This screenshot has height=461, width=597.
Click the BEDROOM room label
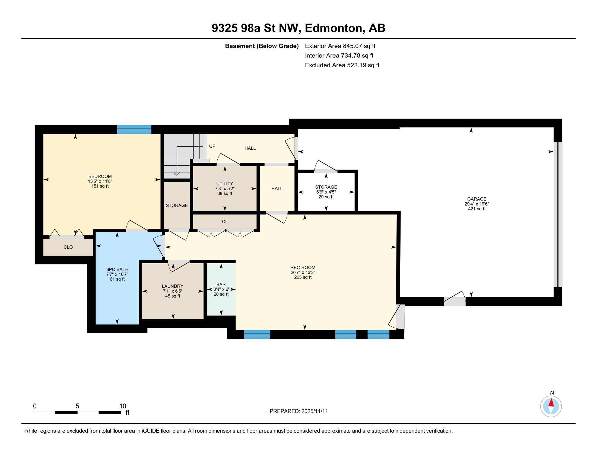(x=100, y=177)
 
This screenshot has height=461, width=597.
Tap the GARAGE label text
(x=477, y=199)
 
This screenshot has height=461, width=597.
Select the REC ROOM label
(x=303, y=268)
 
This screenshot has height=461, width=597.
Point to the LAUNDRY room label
(x=173, y=286)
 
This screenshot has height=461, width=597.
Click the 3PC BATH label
(x=117, y=270)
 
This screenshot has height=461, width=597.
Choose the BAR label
(x=221, y=284)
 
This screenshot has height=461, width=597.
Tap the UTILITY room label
(x=225, y=184)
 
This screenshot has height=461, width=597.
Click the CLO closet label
(x=68, y=247)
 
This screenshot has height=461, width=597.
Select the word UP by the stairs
(x=212, y=146)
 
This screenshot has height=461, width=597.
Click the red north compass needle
(x=551, y=403)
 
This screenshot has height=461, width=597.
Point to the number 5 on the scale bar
(x=77, y=406)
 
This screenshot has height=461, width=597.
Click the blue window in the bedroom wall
(x=134, y=129)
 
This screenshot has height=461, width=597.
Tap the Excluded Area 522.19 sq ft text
(x=342, y=65)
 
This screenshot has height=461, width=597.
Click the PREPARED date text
(x=299, y=411)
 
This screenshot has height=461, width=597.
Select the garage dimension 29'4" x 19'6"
(x=477, y=204)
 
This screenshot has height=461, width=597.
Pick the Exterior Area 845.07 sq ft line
(x=340, y=46)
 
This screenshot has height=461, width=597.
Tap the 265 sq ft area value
(x=303, y=277)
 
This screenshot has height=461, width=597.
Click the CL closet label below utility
(x=225, y=222)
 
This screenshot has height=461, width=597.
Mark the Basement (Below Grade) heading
(x=262, y=46)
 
